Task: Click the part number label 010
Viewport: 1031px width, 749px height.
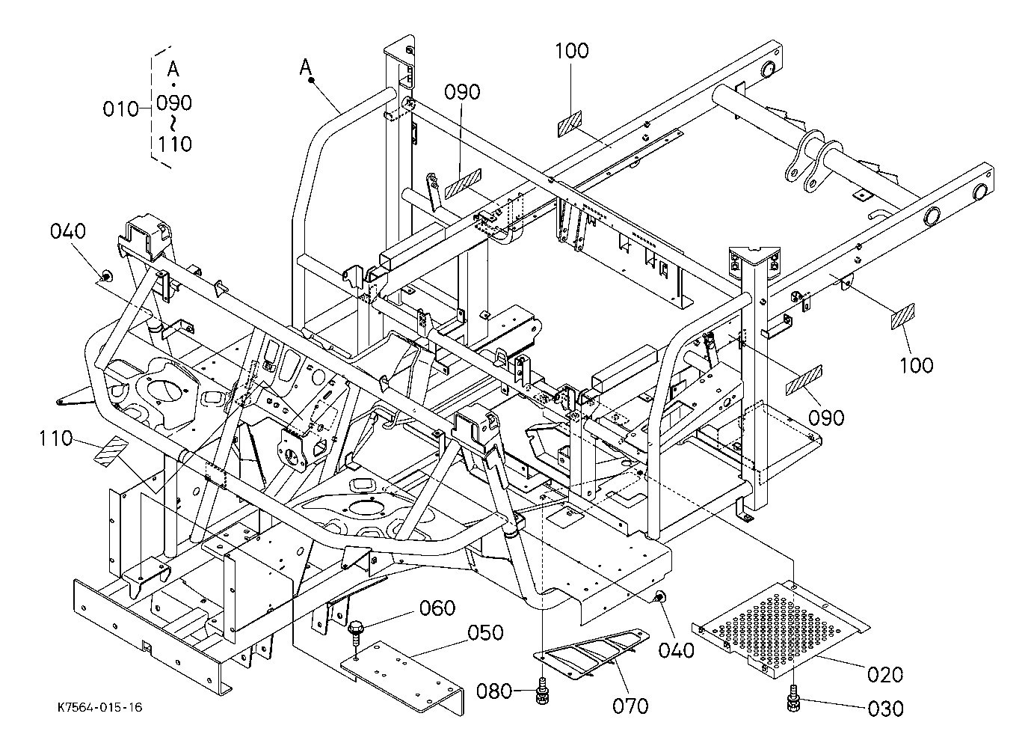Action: pos(121,109)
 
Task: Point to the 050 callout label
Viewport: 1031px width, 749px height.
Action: pos(487,632)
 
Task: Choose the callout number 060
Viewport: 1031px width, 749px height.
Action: pos(437,608)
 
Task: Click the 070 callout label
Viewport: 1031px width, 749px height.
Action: pos(630,705)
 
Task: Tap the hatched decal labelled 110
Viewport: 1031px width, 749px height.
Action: pos(111,451)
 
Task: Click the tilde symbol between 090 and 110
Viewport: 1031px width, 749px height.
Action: pos(173,122)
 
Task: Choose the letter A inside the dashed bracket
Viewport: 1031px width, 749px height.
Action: pos(173,70)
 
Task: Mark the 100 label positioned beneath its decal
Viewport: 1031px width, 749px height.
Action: pos(916,364)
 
